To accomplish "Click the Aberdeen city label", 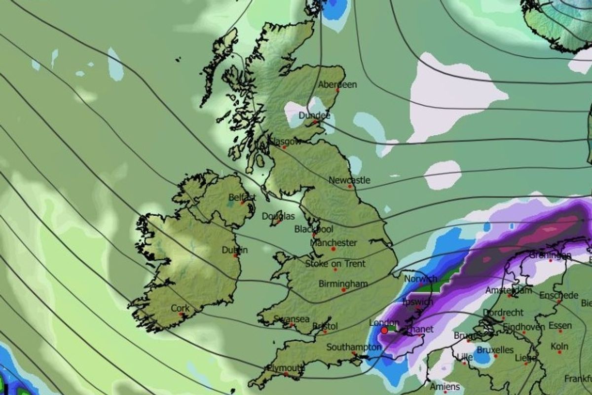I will (337, 84).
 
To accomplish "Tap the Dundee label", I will (314, 116).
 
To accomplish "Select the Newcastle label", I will (349, 180).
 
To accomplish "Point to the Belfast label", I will (242, 197).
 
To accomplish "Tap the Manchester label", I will (333, 243).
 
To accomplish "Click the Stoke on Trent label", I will (335, 264).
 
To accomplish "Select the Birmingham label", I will (343, 284).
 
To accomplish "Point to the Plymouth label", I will (286, 368).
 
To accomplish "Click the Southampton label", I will (354, 348).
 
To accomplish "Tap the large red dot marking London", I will (384, 330).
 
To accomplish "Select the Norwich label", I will (420, 279).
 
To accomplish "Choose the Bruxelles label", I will (495, 350).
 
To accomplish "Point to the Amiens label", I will (444, 387).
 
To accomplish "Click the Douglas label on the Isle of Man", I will (278, 216).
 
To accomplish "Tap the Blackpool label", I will (314, 229).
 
